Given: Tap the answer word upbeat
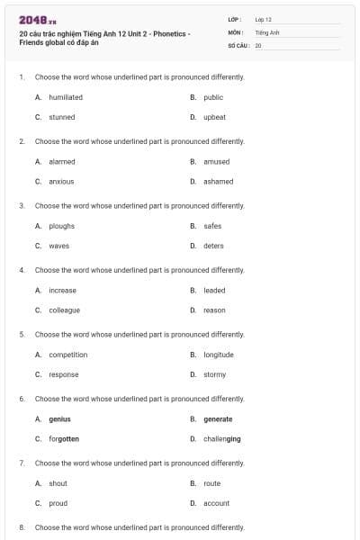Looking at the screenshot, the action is pos(214,117).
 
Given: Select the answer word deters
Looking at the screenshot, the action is pos(213,246).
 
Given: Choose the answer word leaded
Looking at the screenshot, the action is pos(214,290).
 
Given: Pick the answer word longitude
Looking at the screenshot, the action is pos(219,355).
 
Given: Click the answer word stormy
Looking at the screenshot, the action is pos(215,374).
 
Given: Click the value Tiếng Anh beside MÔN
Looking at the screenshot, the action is pos(267,31).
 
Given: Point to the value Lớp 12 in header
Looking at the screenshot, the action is pos(264,19).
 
